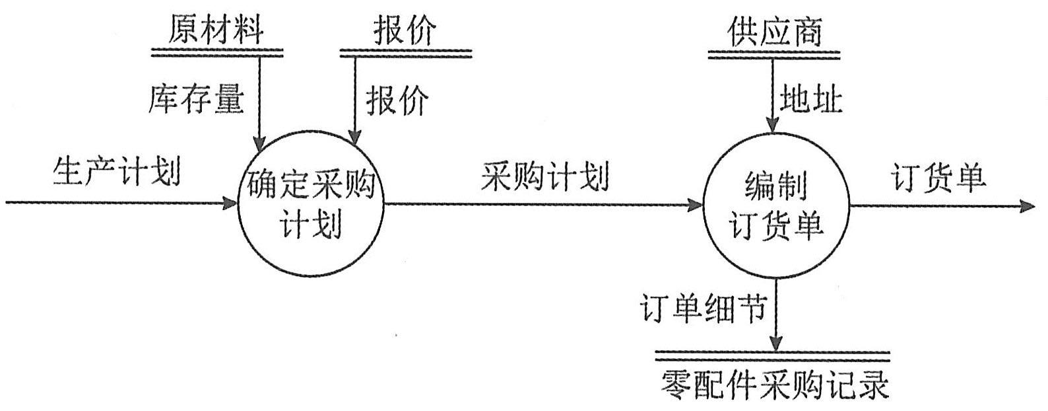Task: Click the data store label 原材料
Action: [x=216, y=30]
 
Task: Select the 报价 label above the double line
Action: [x=405, y=30]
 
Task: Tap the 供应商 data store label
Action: [x=775, y=30]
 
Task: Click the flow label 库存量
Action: [x=196, y=100]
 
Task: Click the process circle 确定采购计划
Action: [x=310, y=204]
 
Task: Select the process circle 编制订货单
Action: [x=775, y=205]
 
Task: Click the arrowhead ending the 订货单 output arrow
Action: [x=1027, y=206]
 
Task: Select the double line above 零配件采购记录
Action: [x=773, y=357]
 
